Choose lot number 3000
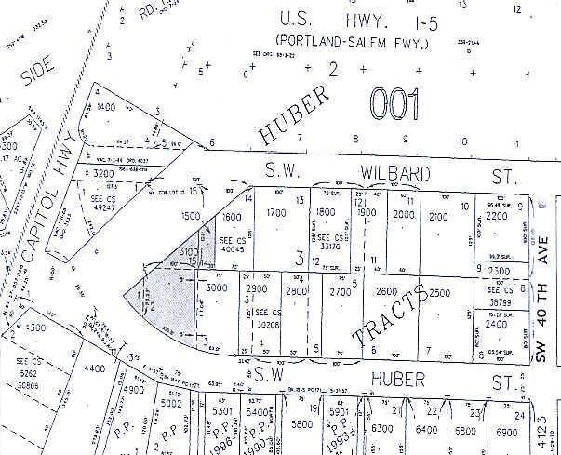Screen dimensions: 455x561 [217, 289]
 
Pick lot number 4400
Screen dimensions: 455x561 [95, 370]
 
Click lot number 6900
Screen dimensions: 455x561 [506, 432]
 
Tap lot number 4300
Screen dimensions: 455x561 [34, 328]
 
